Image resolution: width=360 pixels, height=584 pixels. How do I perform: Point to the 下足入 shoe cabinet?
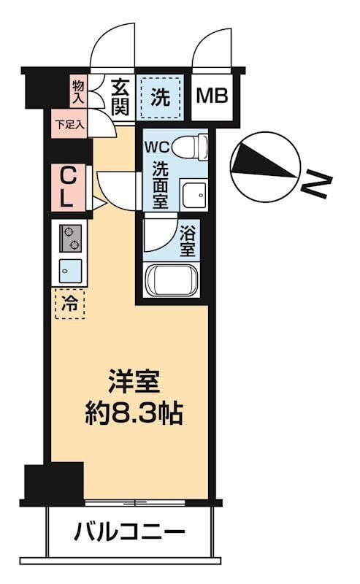click(70, 124)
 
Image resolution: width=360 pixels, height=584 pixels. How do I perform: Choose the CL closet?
click(67, 188)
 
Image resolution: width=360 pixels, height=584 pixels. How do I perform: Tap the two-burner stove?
click(71, 237)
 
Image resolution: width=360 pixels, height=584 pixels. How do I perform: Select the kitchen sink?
click(71, 270)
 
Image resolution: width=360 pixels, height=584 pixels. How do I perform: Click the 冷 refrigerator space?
click(69, 303)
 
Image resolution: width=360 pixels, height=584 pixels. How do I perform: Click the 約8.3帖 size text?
click(132, 414)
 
